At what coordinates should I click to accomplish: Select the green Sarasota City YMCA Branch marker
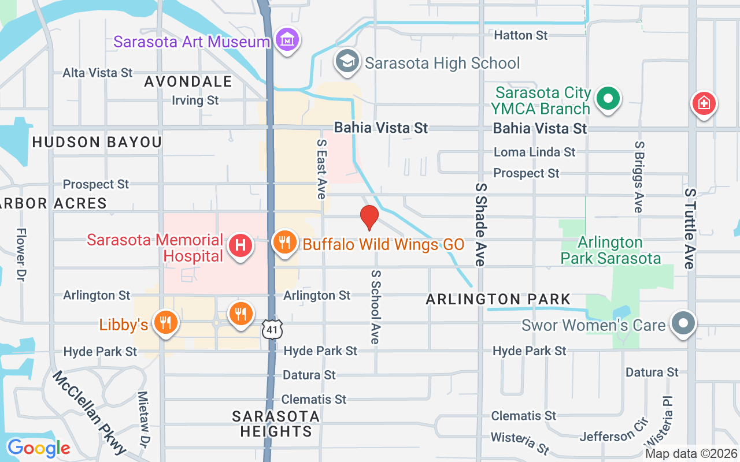[x=608, y=99]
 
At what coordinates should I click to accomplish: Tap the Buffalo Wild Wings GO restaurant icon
[x=284, y=243]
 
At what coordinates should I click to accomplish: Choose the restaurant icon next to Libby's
[x=165, y=323]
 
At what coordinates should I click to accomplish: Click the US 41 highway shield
[x=271, y=329]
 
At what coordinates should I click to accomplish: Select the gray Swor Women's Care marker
[x=683, y=323]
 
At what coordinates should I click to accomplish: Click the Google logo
[x=39, y=448]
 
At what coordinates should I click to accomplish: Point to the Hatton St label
[x=520, y=35]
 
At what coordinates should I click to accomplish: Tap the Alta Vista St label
[x=98, y=73]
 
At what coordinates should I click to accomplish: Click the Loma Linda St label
[x=534, y=152]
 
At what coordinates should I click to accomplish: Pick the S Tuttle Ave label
[x=689, y=228]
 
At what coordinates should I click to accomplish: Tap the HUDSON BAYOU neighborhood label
[x=97, y=142]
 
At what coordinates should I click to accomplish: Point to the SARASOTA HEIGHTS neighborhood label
[x=276, y=424]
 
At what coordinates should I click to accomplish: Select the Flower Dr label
[x=21, y=254]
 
